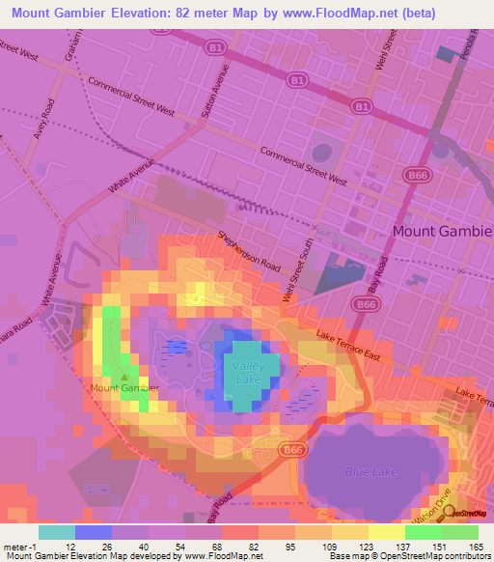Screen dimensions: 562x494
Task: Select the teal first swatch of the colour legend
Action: pos(56,531)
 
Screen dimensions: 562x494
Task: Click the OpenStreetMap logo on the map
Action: pos(467,513)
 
